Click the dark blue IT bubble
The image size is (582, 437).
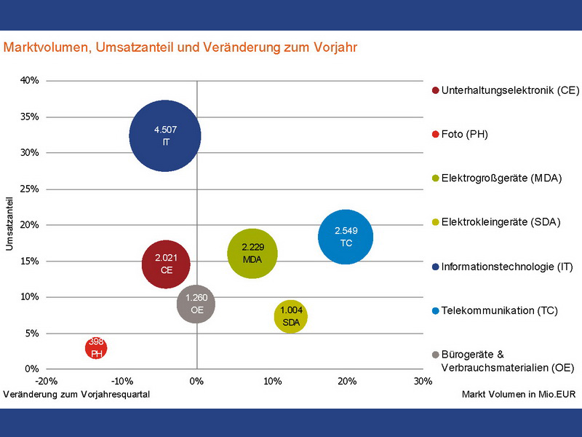(165, 135)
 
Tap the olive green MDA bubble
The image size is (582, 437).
(252, 253)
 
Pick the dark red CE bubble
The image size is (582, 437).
(166, 263)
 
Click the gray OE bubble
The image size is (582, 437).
(196, 304)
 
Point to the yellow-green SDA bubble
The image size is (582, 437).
(291, 316)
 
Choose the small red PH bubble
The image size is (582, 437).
(96, 347)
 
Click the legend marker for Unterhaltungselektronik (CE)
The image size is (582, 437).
(435, 90)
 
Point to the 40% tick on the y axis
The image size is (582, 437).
(30, 81)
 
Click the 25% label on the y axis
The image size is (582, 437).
(30, 189)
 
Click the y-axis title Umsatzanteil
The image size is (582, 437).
(10, 222)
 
